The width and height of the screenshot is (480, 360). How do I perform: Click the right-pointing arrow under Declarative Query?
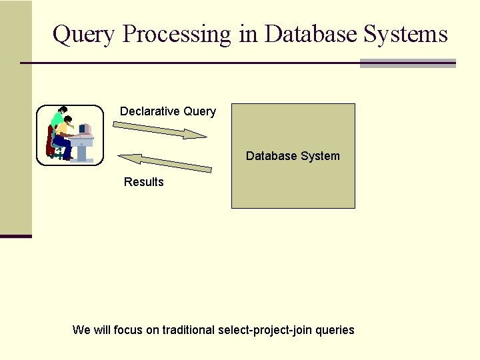tap(160, 129)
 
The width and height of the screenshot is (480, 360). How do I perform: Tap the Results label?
tap(143, 182)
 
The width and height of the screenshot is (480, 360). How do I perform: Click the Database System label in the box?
tap(293, 156)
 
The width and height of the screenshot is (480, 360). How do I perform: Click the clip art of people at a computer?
tap(70, 135)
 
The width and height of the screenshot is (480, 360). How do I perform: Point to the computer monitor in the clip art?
tap(85, 129)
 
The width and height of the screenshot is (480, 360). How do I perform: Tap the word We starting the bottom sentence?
tap(81, 330)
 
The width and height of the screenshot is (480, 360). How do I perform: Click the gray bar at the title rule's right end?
tap(407, 63)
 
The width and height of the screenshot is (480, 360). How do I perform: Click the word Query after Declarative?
tap(199, 111)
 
